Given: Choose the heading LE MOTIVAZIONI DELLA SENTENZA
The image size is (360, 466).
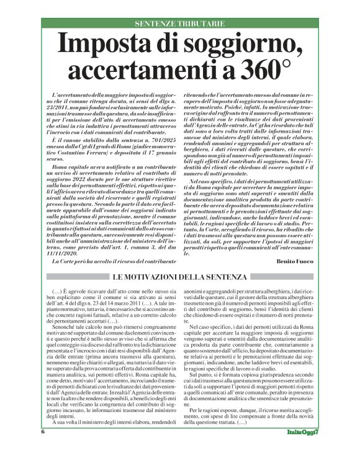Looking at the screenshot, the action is (x=179, y=276).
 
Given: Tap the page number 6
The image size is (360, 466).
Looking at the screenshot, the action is (x=43, y=448).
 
